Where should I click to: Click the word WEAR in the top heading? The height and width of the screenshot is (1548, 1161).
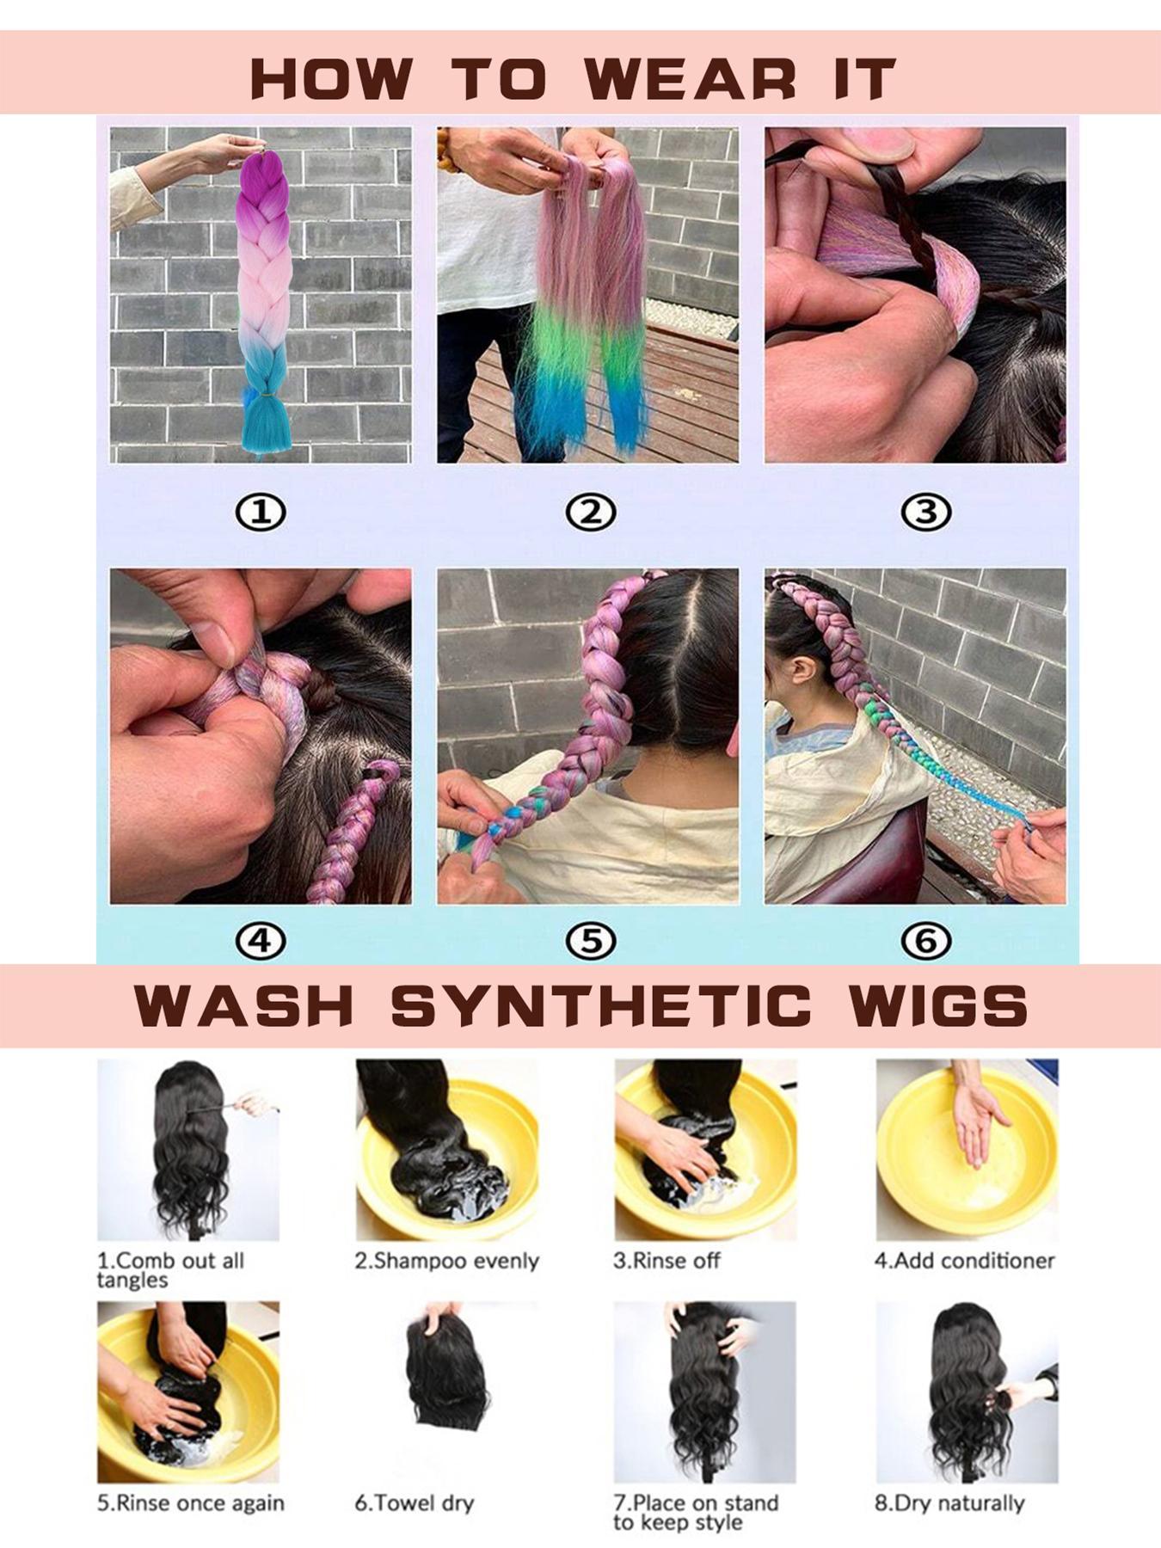coord(691,79)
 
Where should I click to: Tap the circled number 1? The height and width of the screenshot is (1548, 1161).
coord(261,513)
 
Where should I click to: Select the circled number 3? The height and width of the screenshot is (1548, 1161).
coord(925,513)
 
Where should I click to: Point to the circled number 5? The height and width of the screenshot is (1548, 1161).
coord(591,941)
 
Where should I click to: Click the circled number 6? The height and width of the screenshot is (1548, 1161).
coord(925,941)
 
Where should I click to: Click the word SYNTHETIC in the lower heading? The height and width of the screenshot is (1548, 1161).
coord(601,1004)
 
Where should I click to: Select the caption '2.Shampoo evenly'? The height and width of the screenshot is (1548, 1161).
coord(446,1261)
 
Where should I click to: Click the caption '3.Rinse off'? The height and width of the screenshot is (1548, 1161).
coord(666,1261)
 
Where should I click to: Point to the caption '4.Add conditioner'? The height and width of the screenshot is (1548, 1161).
coord(964,1261)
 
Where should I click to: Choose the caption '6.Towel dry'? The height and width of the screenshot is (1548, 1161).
coord(414,1503)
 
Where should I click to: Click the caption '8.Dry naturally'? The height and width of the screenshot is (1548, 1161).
coord(949,1503)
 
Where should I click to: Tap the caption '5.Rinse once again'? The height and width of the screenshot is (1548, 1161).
coord(190,1503)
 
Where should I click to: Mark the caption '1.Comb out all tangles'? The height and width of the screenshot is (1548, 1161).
coord(170,1269)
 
